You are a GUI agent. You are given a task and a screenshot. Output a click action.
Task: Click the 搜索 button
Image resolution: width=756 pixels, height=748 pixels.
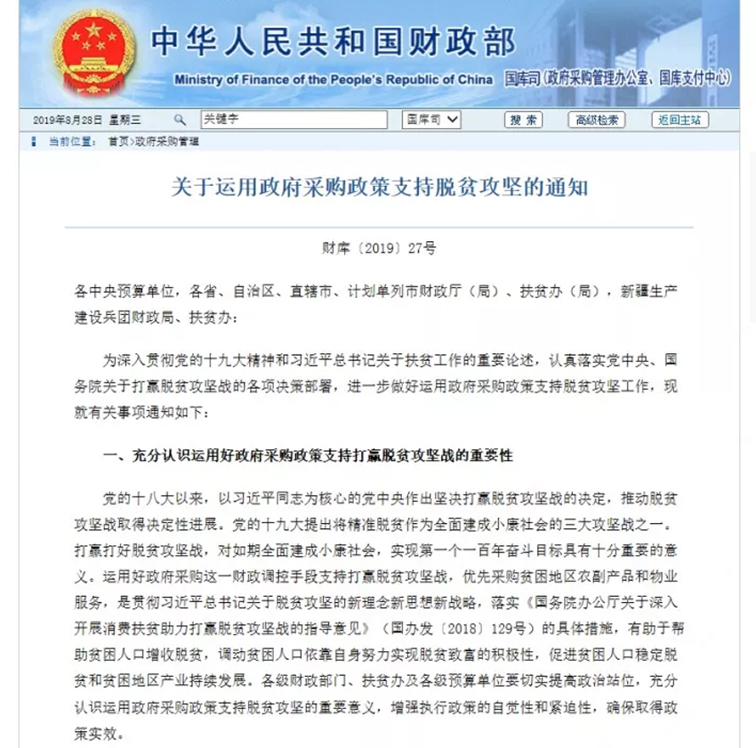tap(523, 120)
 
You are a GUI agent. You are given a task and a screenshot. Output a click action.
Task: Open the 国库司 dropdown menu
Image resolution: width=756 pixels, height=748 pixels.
tap(431, 119)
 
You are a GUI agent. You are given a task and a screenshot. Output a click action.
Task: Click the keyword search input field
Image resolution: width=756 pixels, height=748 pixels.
tap(293, 119)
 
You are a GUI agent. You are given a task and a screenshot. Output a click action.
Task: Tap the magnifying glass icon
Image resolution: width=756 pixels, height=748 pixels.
tap(180, 119)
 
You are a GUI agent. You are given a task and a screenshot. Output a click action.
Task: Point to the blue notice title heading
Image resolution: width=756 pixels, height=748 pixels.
tap(378, 189)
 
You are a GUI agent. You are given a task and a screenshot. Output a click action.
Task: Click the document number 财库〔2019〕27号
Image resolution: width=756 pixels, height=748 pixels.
tap(379, 249)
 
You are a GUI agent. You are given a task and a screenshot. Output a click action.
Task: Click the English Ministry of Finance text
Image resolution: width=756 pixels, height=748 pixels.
tap(334, 79)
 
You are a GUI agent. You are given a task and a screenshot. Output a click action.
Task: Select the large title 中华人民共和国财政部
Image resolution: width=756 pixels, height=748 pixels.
tap(334, 41)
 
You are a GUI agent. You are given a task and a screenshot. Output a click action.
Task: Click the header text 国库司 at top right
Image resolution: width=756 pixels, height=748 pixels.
tap(523, 79)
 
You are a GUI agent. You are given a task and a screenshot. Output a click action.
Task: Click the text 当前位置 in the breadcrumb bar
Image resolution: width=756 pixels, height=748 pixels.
tap(71, 141)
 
